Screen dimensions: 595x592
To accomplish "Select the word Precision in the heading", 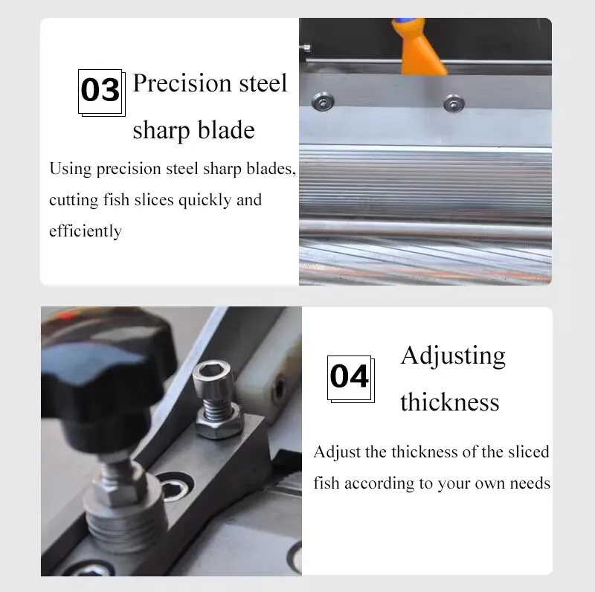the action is tap(182, 83).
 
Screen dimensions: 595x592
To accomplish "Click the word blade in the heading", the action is tap(226, 130).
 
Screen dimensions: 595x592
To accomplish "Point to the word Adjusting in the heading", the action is tap(453, 357).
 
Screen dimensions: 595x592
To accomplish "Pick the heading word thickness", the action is tap(450, 402).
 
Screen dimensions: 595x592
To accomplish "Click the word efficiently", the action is tap(86, 231).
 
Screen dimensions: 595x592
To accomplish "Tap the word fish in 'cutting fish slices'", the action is tap(117, 199).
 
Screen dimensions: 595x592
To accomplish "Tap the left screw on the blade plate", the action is tap(323, 102).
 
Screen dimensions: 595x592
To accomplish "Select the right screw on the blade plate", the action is tap(454, 103).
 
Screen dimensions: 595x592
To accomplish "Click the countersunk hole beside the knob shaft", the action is tap(176, 486).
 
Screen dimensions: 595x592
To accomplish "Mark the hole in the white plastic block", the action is tap(278, 387).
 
